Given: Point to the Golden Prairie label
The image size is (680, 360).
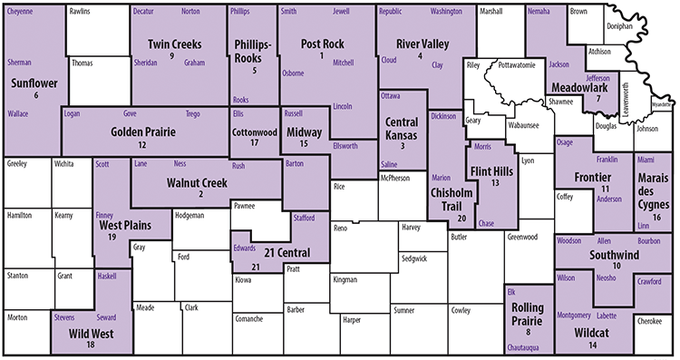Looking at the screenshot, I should coord(142,131).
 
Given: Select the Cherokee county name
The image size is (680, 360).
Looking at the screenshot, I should coord(649,320).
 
